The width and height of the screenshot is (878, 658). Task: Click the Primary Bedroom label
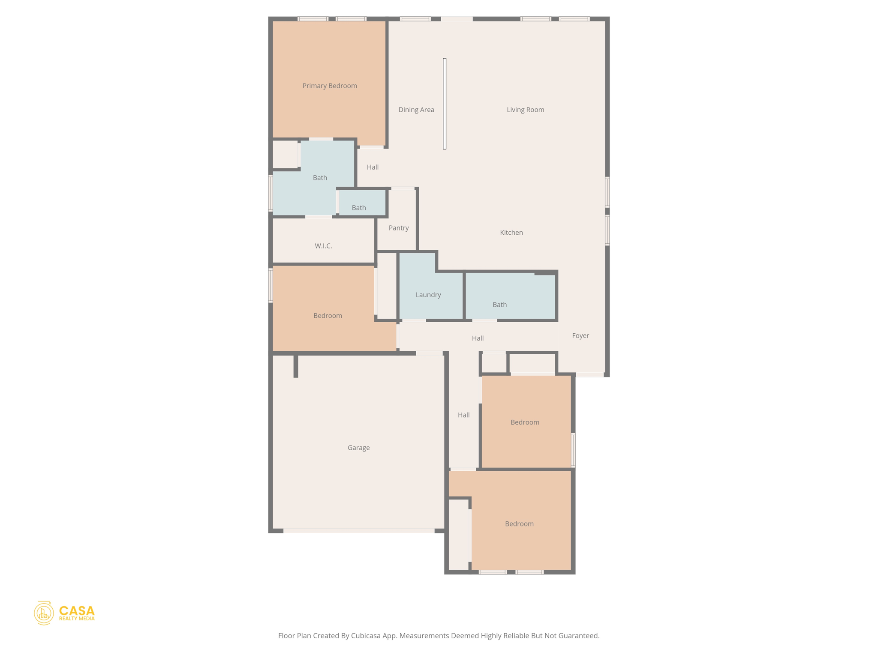pyautogui.click(x=329, y=86)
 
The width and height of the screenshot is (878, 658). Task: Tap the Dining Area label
pyautogui.click(x=416, y=110)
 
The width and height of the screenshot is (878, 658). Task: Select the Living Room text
pyautogui.click(x=525, y=110)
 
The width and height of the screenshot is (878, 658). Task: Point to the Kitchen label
pyautogui.click(x=511, y=233)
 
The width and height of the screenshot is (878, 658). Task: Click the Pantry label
pyautogui.click(x=398, y=228)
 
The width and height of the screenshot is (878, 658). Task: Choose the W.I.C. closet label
pyautogui.click(x=323, y=246)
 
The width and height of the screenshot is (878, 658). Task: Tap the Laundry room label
pyautogui.click(x=428, y=295)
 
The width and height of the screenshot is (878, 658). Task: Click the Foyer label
pyautogui.click(x=580, y=335)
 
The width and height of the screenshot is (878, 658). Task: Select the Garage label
pyautogui.click(x=358, y=448)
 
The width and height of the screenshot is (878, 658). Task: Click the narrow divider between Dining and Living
pyautogui.click(x=445, y=104)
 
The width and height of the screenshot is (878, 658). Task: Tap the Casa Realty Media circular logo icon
pyautogui.click(x=44, y=613)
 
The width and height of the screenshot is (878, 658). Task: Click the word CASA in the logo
pyautogui.click(x=77, y=610)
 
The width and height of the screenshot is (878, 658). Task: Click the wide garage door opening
pyautogui.click(x=358, y=531)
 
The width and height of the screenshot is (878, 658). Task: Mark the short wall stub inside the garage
pyautogui.click(x=296, y=366)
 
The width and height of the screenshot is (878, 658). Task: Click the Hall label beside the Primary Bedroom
pyautogui.click(x=373, y=167)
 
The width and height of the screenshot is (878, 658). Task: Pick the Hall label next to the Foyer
pyautogui.click(x=478, y=338)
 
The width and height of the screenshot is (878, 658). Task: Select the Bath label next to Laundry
pyautogui.click(x=499, y=305)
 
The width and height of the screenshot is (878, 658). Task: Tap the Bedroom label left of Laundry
pyautogui.click(x=328, y=316)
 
